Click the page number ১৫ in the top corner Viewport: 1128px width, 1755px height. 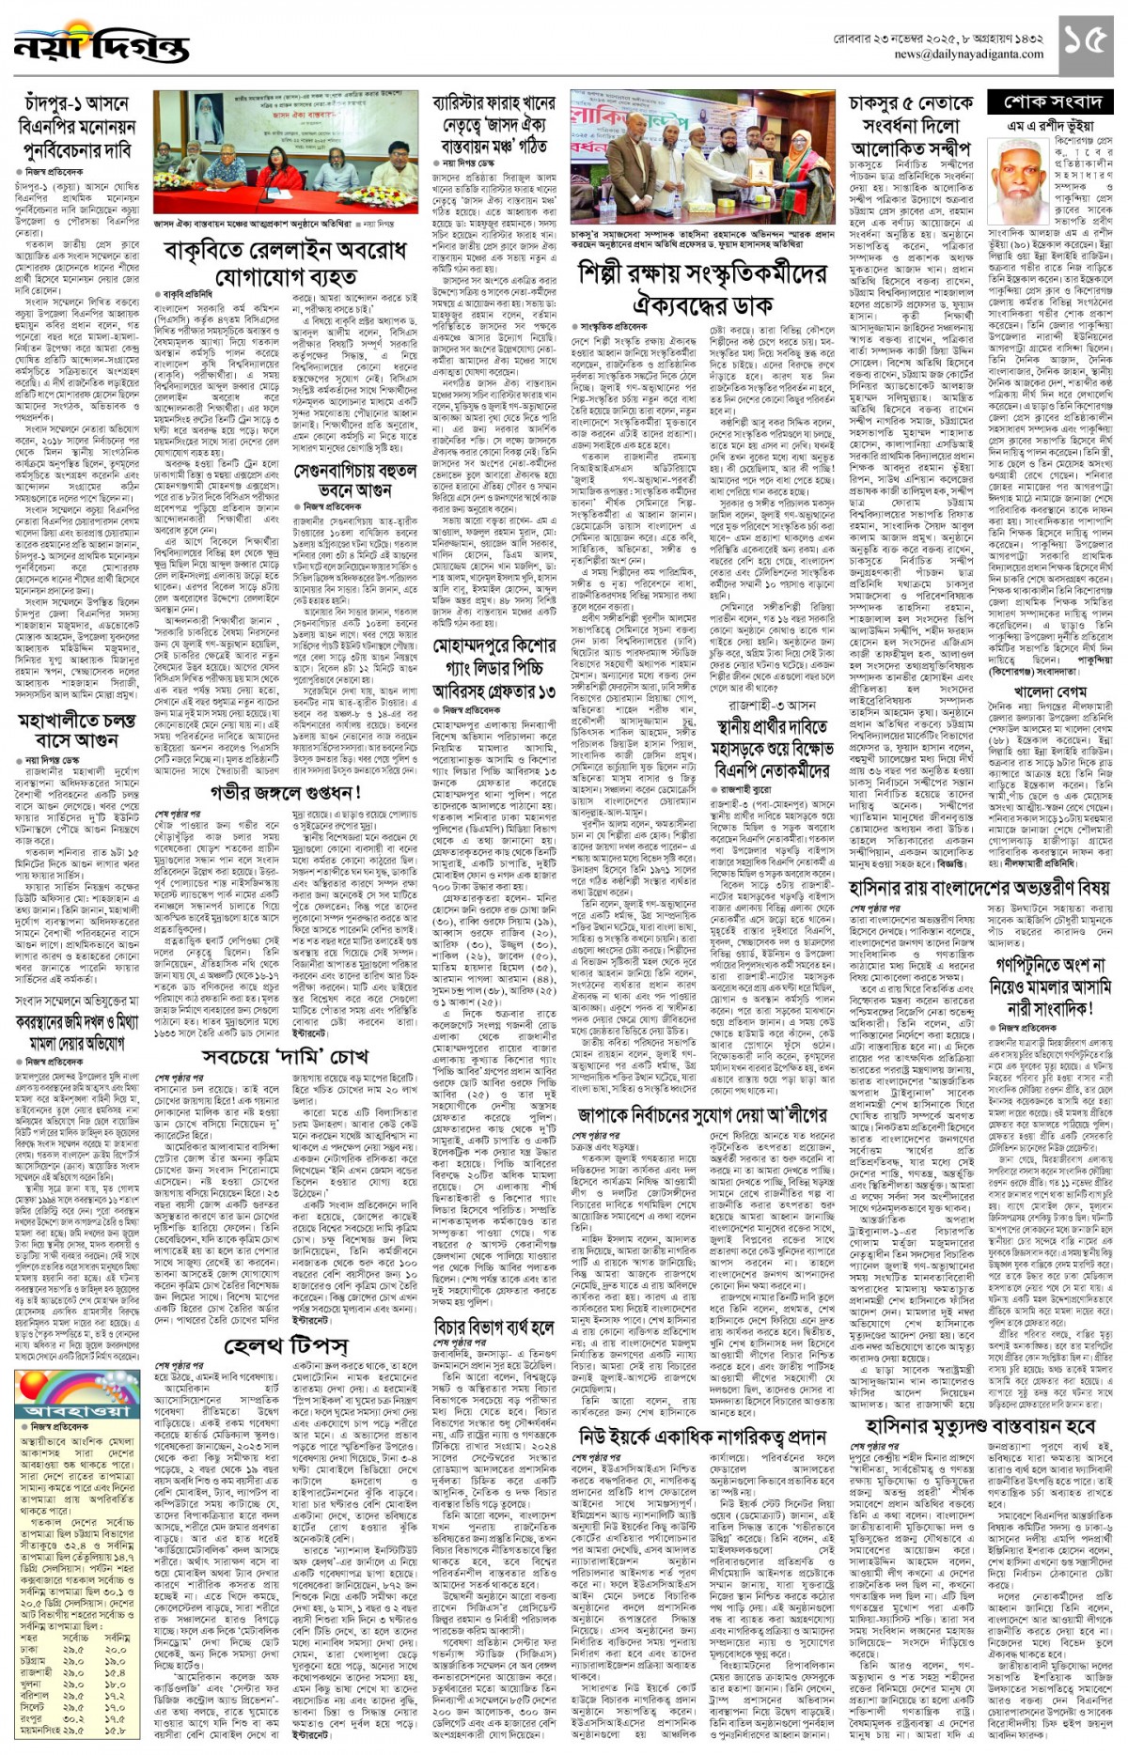(1089, 42)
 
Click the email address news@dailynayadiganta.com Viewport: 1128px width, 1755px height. (968, 54)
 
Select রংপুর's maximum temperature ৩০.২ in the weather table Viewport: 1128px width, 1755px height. (71, 1718)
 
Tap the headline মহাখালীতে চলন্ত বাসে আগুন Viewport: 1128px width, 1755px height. (76, 731)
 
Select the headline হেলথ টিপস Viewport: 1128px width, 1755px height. (286, 1347)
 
